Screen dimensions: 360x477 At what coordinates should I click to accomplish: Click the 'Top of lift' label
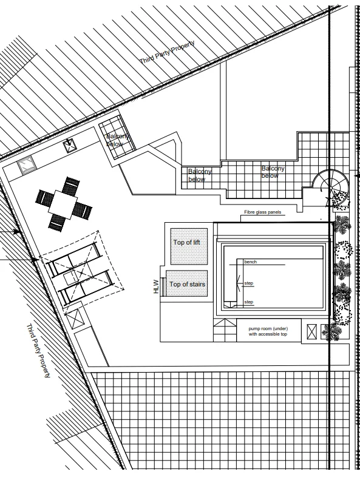[x=186, y=243]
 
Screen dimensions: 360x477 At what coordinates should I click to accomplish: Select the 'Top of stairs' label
[x=187, y=284]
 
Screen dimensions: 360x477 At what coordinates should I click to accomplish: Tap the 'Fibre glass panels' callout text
[x=263, y=212]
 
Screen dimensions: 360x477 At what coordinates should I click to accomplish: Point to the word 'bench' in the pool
[x=251, y=262]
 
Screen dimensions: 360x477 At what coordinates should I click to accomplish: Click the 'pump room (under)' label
[x=268, y=328]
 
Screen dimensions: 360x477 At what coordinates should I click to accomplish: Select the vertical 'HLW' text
[x=156, y=286]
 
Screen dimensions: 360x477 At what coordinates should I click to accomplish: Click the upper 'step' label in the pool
[x=249, y=283]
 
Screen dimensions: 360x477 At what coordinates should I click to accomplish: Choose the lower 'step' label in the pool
[x=249, y=302]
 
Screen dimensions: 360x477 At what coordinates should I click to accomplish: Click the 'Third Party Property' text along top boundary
[x=167, y=52]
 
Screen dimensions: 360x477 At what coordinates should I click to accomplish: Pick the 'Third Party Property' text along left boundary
[x=38, y=351]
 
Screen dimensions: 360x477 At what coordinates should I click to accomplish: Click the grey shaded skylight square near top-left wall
[x=27, y=164]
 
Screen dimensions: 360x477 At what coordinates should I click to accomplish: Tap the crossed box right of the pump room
[x=312, y=331]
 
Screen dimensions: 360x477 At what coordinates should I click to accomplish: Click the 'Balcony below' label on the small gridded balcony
[x=117, y=140]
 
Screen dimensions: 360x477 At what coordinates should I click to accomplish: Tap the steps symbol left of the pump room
[x=225, y=330]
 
